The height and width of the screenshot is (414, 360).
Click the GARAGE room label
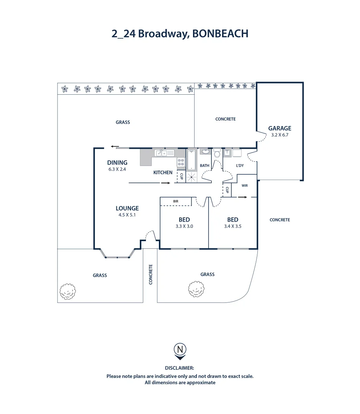280,128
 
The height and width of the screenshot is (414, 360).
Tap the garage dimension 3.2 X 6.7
280,135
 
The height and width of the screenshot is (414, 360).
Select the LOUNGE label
127,209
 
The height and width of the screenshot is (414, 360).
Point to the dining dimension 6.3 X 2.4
117,169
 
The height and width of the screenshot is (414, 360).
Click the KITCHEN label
163,172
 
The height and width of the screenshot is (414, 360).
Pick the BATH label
205,166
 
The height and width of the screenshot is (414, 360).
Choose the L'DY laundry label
240,166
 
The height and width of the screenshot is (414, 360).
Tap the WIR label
245,186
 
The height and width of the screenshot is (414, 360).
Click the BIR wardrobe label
175,201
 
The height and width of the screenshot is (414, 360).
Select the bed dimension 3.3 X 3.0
184,226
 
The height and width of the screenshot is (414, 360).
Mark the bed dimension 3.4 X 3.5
232,226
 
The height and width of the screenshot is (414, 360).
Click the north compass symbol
180,350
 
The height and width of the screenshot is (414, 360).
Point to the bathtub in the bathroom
191,160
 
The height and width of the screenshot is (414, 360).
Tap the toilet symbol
217,154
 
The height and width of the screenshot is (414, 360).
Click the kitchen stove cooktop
181,162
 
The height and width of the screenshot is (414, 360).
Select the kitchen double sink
161,153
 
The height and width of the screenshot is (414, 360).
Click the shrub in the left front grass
68,292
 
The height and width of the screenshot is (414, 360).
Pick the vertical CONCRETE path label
151,274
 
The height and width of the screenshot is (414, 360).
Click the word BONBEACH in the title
220,34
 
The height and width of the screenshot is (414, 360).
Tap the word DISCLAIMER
180,368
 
